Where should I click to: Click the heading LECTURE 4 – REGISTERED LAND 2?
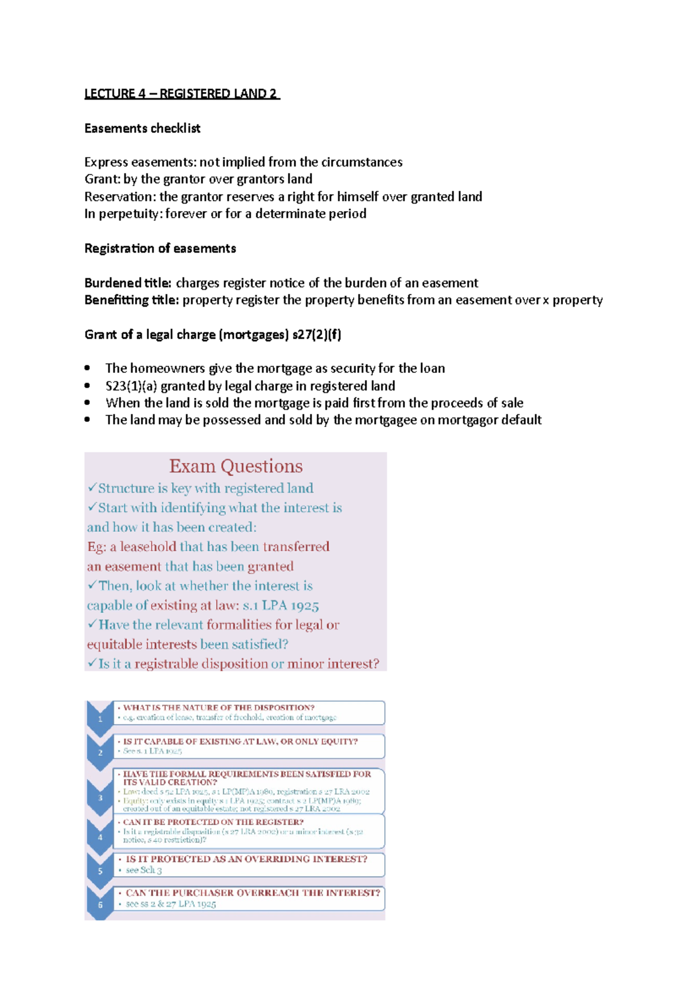(181, 94)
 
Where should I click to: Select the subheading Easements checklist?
(143, 128)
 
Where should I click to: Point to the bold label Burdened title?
(128, 283)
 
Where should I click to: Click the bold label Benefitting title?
(131, 300)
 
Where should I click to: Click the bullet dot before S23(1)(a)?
(87, 385)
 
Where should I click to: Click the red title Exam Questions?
(236, 466)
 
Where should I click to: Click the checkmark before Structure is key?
(92, 487)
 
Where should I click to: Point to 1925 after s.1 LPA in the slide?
(305, 606)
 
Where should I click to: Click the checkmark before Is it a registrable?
(92, 663)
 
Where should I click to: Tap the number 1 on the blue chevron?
(100, 719)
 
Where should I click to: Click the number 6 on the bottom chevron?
(100, 905)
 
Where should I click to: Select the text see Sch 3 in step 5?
(144, 870)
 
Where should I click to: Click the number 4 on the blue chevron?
(100, 837)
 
